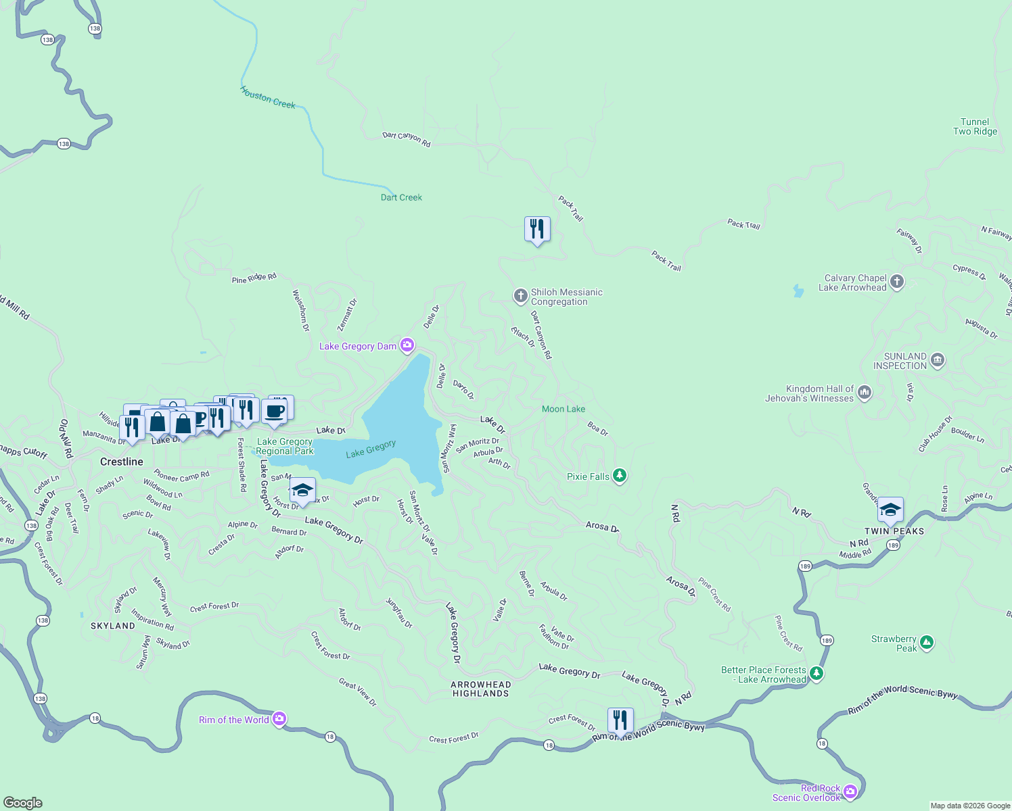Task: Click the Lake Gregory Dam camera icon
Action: point(407,346)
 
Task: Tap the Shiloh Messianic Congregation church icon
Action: point(520,295)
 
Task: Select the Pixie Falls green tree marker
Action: point(619,476)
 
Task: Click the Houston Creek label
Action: point(268,98)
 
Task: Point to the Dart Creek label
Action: point(401,197)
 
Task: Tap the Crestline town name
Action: point(122,462)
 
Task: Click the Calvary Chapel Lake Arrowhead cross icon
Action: point(897,282)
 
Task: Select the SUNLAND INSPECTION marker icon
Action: point(937,360)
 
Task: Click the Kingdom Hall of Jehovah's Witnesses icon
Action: point(864,393)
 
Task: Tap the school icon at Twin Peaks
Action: point(890,510)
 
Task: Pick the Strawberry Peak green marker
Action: point(926,643)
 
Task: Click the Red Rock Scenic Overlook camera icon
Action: point(850,791)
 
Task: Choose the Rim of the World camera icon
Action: point(279,719)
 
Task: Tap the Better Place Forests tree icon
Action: point(816,673)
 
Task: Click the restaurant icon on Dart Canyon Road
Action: point(537,229)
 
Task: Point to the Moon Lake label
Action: point(563,409)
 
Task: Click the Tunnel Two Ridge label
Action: point(975,127)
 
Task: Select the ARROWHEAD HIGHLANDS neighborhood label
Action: point(481,689)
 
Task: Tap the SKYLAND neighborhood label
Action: point(113,626)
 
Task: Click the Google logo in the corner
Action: point(23,802)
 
